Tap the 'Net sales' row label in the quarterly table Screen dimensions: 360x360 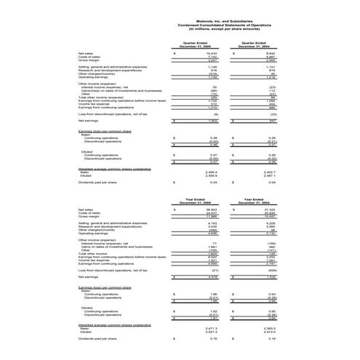pos(85,53)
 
